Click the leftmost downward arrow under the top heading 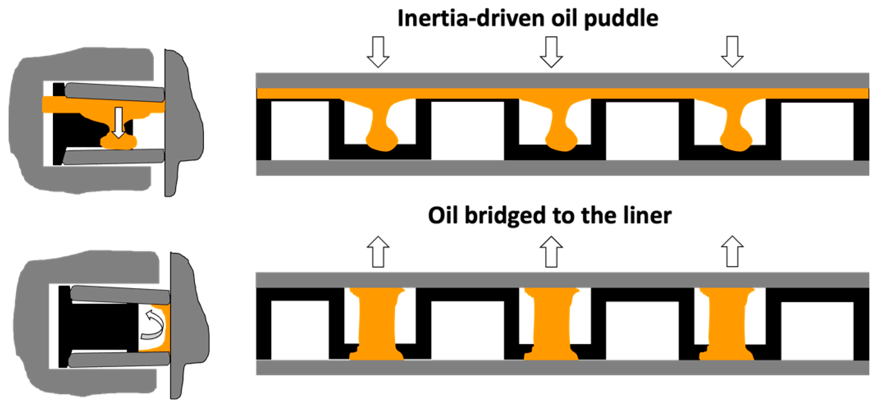tap(378, 52)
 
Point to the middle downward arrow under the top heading tap(551, 52)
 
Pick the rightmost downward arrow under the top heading tap(732, 52)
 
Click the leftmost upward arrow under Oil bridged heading tap(378, 252)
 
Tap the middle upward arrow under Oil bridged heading tap(551, 252)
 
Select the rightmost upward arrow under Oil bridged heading tap(732, 252)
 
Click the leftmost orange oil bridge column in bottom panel tap(377, 324)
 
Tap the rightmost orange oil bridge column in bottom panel tap(726, 324)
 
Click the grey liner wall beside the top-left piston tap(180, 123)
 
